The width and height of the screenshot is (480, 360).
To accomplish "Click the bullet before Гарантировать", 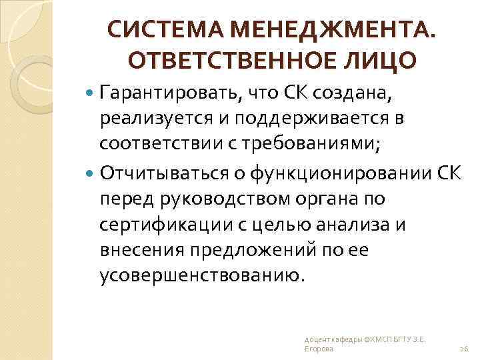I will click(91, 94).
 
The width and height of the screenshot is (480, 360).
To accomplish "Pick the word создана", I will click(357, 94).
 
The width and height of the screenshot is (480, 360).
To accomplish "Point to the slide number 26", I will click(464, 349).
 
